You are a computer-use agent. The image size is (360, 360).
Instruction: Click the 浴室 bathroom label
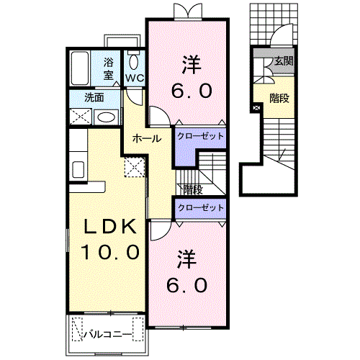(109, 69)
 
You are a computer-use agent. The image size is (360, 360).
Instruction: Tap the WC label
(135, 78)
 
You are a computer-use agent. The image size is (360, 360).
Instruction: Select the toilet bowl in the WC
(133, 63)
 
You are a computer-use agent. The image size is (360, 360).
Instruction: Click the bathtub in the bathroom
(80, 68)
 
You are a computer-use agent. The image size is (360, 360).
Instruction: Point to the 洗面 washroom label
(94, 98)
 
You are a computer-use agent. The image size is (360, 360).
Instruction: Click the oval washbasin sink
(106, 117)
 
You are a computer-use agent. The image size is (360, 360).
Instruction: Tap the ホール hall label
(147, 138)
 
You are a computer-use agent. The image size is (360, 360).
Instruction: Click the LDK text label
(110, 227)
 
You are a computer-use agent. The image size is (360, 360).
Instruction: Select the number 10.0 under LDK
(110, 252)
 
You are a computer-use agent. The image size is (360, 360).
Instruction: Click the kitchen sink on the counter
(78, 169)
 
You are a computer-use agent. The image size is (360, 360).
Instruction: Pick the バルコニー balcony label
(107, 334)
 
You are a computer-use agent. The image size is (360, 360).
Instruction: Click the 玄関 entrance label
(284, 61)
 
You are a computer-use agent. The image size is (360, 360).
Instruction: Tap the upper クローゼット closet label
(200, 136)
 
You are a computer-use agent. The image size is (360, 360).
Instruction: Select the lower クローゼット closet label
(200, 207)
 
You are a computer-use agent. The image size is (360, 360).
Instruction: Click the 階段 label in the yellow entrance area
(279, 99)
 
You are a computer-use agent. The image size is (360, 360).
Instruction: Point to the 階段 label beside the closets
(193, 190)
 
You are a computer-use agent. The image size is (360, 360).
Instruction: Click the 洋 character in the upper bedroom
(192, 65)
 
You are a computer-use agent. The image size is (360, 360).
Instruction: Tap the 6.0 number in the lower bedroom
(186, 286)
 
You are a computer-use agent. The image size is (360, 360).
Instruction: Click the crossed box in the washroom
(81, 117)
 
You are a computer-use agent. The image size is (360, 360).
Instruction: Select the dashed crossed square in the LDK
(135, 167)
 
